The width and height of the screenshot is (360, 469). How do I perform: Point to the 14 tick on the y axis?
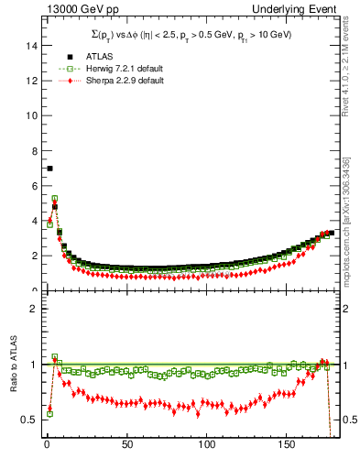29,45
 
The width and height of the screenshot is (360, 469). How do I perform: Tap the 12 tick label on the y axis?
29,81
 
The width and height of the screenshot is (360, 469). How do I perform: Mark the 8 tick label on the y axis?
32,151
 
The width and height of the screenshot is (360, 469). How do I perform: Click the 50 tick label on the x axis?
126,445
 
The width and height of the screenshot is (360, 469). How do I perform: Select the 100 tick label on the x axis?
207,445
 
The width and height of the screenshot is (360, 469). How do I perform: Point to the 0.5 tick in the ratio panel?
27,420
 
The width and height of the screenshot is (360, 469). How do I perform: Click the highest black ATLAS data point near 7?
49,169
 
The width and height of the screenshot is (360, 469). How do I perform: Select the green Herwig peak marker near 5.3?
55,198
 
